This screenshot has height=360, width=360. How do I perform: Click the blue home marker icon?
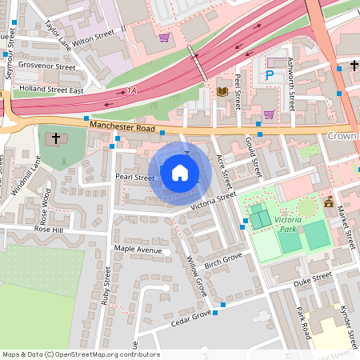[180, 172]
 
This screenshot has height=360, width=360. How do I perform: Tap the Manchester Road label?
[121, 126]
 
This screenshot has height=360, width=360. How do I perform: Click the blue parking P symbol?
[270, 74]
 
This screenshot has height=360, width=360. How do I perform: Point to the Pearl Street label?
[134, 177]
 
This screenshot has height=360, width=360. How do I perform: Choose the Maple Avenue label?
[138, 250]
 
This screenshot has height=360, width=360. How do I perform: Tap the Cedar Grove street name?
[190, 318]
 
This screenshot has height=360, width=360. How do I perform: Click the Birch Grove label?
[223, 261]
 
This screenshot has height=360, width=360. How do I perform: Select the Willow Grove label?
[196, 276]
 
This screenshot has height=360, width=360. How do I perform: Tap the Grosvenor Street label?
[46, 66]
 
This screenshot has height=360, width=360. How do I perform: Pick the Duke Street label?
[311, 279]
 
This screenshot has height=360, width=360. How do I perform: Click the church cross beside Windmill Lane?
[56, 138]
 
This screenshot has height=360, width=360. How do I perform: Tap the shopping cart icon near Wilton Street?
[164, 37]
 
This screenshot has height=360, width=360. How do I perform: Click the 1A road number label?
[132, 93]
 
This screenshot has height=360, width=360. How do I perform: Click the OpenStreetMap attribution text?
[80, 354]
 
